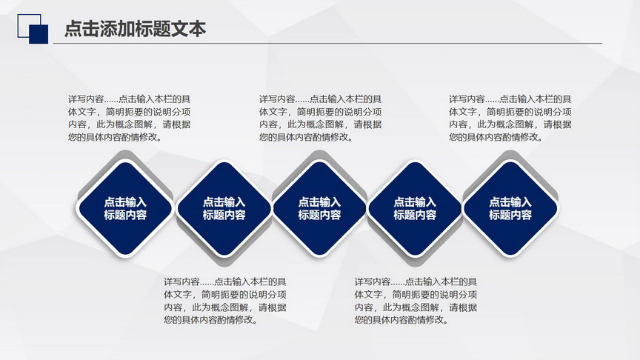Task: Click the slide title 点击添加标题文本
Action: (x=135, y=29)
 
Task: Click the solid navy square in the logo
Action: (x=39, y=34)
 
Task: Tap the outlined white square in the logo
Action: (x=29, y=26)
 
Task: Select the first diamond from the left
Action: (x=125, y=208)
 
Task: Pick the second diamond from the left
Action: (x=224, y=208)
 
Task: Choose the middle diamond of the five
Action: (x=319, y=208)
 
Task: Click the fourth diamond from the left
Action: (x=415, y=208)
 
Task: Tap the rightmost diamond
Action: (x=510, y=208)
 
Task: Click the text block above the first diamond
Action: (x=130, y=118)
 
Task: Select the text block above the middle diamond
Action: (x=321, y=118)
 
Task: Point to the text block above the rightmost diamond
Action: (x=510, y=118)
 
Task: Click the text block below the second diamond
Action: (x=225, y=301)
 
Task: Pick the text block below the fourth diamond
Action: (x=416, y=301)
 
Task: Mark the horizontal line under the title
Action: (x=327, y=43)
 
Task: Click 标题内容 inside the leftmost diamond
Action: (x=125, y=215)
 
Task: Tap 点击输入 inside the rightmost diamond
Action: (x=510, y=201)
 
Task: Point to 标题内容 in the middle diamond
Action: (x=319, y=215)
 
